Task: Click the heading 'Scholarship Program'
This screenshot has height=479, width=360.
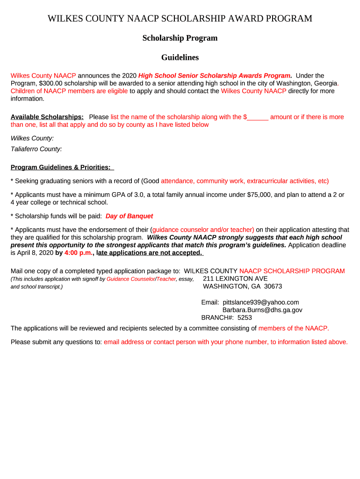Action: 180,38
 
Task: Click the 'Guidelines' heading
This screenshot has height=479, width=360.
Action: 180,58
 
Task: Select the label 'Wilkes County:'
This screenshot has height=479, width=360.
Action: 32,138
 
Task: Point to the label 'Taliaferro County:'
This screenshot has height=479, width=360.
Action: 36,149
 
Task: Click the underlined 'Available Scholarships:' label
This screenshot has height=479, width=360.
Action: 47,117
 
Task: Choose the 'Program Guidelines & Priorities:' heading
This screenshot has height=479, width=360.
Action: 61,167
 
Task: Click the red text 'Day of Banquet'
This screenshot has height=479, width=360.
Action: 129,216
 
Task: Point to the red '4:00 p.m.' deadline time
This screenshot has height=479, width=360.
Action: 79,253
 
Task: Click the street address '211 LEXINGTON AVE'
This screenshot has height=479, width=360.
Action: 235,278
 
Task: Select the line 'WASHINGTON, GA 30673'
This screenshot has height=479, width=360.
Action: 242,286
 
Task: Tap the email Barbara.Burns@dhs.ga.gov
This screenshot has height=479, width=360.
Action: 262,310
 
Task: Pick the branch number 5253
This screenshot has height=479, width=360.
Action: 245,317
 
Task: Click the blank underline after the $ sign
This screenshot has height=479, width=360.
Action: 258,117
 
